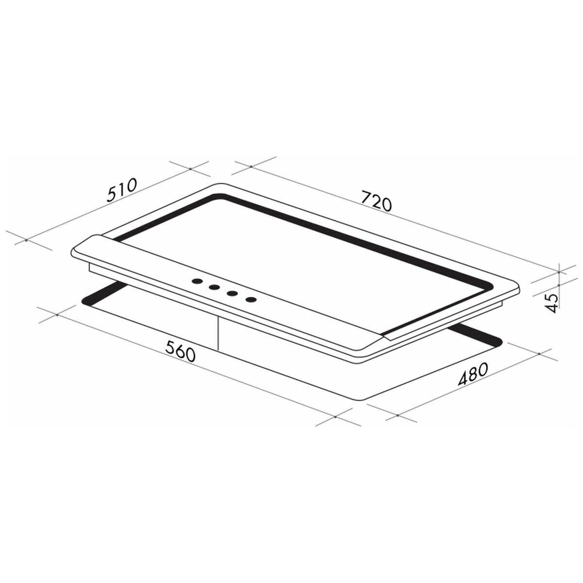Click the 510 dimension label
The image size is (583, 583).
tap(122, 189)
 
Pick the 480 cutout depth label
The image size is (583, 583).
tap(473, 374)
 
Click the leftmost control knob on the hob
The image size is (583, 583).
tap(197, 281)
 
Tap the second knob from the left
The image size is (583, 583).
tap(214, 287)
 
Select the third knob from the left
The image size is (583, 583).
tap(232, 293)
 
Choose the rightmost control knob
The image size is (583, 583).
tap(251, 300)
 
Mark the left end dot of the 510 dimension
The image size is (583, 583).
tap(26, 240)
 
